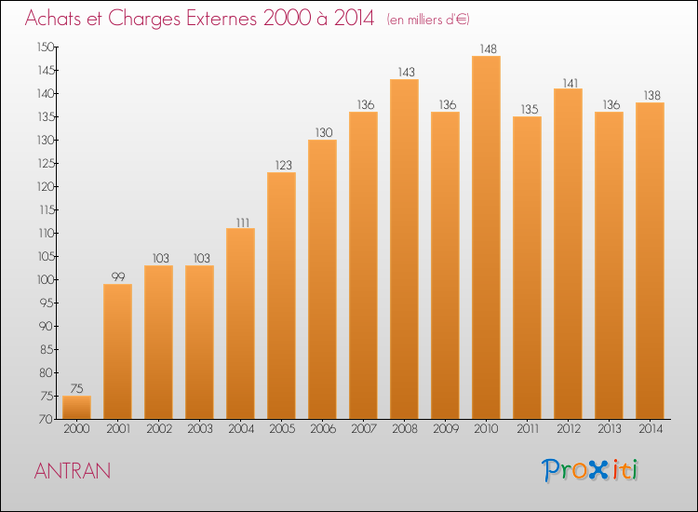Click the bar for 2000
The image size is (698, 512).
[x=76, y=408]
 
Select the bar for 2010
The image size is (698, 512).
[x=486, y=237]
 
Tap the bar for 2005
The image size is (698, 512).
[x=281, y=296]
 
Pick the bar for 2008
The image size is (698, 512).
[x=404, y=249]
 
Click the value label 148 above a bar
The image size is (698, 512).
[x=488, y=49]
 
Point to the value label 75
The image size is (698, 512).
[x=76, y=389]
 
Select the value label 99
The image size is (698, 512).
[x=118, y=276]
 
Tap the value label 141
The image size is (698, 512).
[x=570, y=83]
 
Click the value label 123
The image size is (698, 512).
[x=283, y=165]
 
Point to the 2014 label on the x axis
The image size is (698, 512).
[x=651, y=429]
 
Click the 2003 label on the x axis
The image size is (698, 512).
[x=200, y=429]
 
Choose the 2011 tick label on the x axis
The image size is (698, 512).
[x=528, y=429]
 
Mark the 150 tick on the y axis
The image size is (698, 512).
[x=46, y=47]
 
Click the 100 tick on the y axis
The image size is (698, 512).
[x=46, y=280]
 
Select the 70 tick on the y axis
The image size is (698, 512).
[x=47, y=420]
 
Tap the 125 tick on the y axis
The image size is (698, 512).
[x=46, y=164]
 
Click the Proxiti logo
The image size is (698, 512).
[x=590, y=470]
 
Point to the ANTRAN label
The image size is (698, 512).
[x=72, y=471]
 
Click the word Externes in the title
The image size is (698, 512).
[x=221, y=19]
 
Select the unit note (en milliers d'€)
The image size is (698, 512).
[x=428, y=20]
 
